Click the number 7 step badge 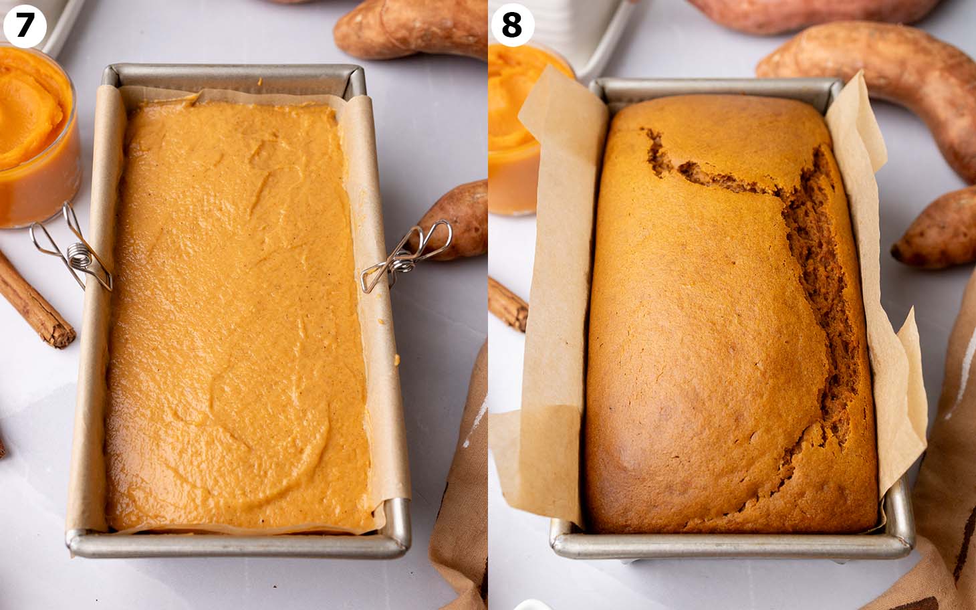coord(25,26)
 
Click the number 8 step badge coord(512,26)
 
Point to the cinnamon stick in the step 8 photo coord(508,304)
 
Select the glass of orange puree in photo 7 coord(37,134)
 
